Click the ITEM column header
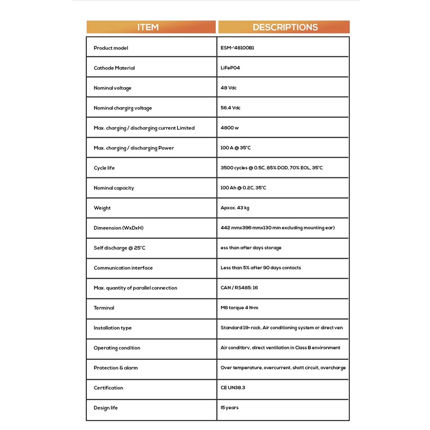pyautogui.click(x=148, y=27)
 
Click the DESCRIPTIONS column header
pyautogui.click(x=285, y=27)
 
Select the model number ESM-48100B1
pyautogui.click(x=237, y=48)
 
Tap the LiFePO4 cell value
pyautogui.click(x=230, y=68)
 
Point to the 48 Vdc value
pyautogui.click(x=229, y=88)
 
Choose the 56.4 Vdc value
pyautogui.click(x=231, y=108)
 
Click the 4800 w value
pyautogui.click(x=230, y=128)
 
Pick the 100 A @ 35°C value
pyautogui.click(x=236, y=148)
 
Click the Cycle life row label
pyautogui.click(x=104, y=168)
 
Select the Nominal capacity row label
pyautogui.click(x=114, y=188)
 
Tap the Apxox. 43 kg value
pyautogui.click(x=235, y=208)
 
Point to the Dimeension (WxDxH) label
pyautogui.click(x=119, y=228)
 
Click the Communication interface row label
pyautogui.click(x=123, y=268)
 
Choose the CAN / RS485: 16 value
pyautogui.click(x=239, y=288)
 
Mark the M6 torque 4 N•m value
pyautogui.click(x=240, y=308)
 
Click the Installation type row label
pyautogui.click(x=113, y=328)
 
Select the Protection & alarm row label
pyautogui.click(x=116, y=368)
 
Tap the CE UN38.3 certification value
pyautogui.click(x=233, y=388)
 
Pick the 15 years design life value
pyautogui.click(x=230, y=408)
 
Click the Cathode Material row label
pyautogui.click(x=114, y=68)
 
